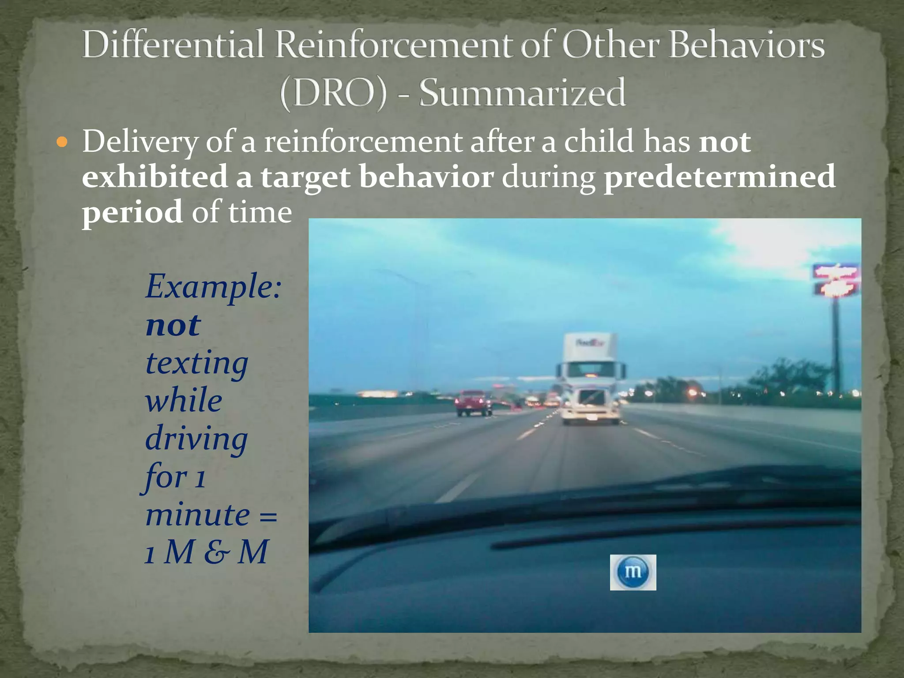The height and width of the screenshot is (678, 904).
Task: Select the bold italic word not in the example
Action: (x=173, y=325)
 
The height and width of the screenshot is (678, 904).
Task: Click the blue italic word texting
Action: (x=197, y=363)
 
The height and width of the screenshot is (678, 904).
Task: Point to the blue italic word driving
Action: (x=196, y=439)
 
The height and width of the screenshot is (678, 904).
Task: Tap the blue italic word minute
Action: (x=197, y=515)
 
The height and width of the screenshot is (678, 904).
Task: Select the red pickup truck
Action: (x=473, y=403)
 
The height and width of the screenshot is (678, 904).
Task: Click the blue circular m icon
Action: (x=633, y=572)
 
